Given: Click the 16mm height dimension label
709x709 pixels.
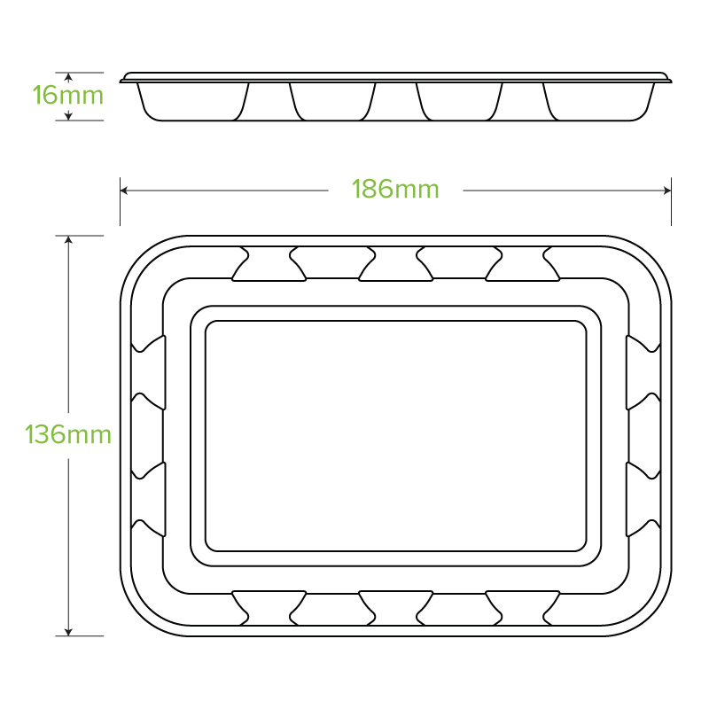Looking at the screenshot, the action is pos(68,96).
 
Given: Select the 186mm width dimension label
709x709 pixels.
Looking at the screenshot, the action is pos(395,189).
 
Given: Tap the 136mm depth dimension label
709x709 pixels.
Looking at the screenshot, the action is pos(68,434).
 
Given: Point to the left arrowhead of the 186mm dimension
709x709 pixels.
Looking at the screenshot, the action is pos(124,191).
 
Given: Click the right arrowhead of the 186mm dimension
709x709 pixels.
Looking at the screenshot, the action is pos(667,191).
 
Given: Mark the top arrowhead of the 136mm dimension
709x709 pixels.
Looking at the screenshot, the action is pos(68,239).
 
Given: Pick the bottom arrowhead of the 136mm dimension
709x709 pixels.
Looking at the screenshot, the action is pos(68,632).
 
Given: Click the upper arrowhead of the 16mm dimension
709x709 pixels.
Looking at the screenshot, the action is pos(68,77).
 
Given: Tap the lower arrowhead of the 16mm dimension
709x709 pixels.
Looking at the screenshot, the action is pos(68,116).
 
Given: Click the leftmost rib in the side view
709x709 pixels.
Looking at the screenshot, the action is pos(269,102).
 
